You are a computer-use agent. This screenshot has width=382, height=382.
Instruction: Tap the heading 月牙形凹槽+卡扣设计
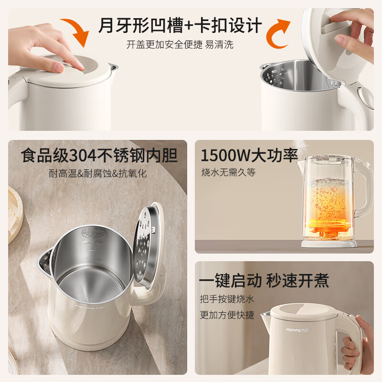click(x=180, y=25)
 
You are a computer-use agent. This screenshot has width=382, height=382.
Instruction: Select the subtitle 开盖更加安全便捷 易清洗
click(x=180, y=45)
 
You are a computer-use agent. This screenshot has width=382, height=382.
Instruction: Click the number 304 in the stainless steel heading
click(x=86, y=156)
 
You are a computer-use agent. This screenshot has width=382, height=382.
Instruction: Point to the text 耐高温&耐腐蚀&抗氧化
click(x=98, y=173)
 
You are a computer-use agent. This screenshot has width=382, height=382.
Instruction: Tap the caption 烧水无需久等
click(x=228, y=172)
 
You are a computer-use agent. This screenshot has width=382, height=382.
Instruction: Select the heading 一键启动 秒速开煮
click(x=264, y=280)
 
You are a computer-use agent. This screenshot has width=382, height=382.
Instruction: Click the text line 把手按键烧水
click(x=227, y=299)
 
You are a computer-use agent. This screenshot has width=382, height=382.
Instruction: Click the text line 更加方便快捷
click(x=227, y=315)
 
